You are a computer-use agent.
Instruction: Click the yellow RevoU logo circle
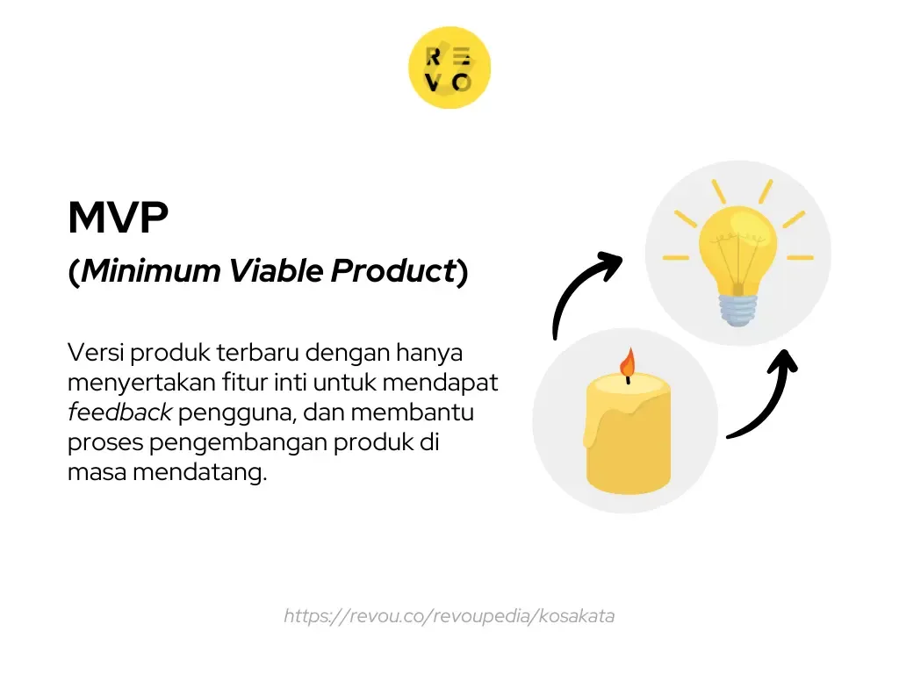click(x=449, y=68)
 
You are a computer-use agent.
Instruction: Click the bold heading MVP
click(x=118, y=219)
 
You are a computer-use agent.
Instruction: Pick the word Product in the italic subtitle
click(x=392, y=272)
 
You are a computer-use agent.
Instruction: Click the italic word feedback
click(x=119, y=412)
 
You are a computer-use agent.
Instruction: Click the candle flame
click(x=627, y=362)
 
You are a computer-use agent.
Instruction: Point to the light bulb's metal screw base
click(x=737, y=308)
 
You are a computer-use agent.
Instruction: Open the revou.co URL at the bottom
click(x=449, y=616)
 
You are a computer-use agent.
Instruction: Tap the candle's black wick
click(x=627, y=379)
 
